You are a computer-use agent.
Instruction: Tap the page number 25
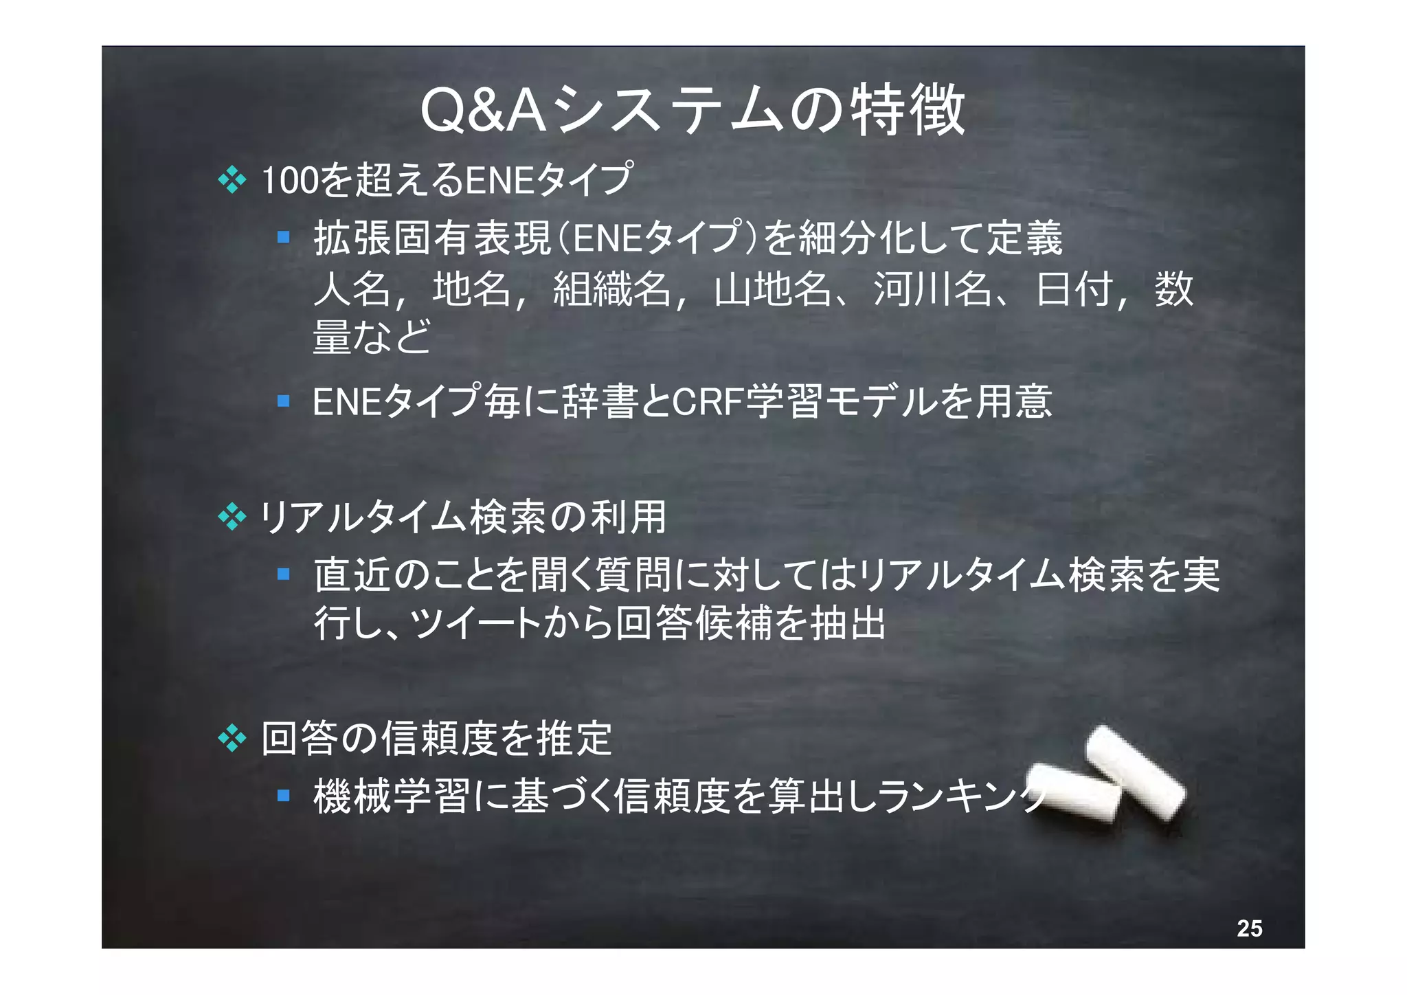point(1249,928)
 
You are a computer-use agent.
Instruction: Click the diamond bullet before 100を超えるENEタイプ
point(232,180)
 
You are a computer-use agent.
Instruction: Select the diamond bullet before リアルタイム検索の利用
point(232,517)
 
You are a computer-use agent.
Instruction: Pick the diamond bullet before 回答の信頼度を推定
point(232,739)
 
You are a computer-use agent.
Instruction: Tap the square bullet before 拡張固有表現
point(283,238)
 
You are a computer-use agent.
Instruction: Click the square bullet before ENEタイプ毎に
point(283,401)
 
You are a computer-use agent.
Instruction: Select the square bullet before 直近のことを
point(283,574)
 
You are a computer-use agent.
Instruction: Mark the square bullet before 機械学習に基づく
point(283,795)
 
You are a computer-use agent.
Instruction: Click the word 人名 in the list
point(352,289)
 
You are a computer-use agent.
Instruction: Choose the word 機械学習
point(392,796)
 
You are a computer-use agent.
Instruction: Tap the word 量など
point(372,337)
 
